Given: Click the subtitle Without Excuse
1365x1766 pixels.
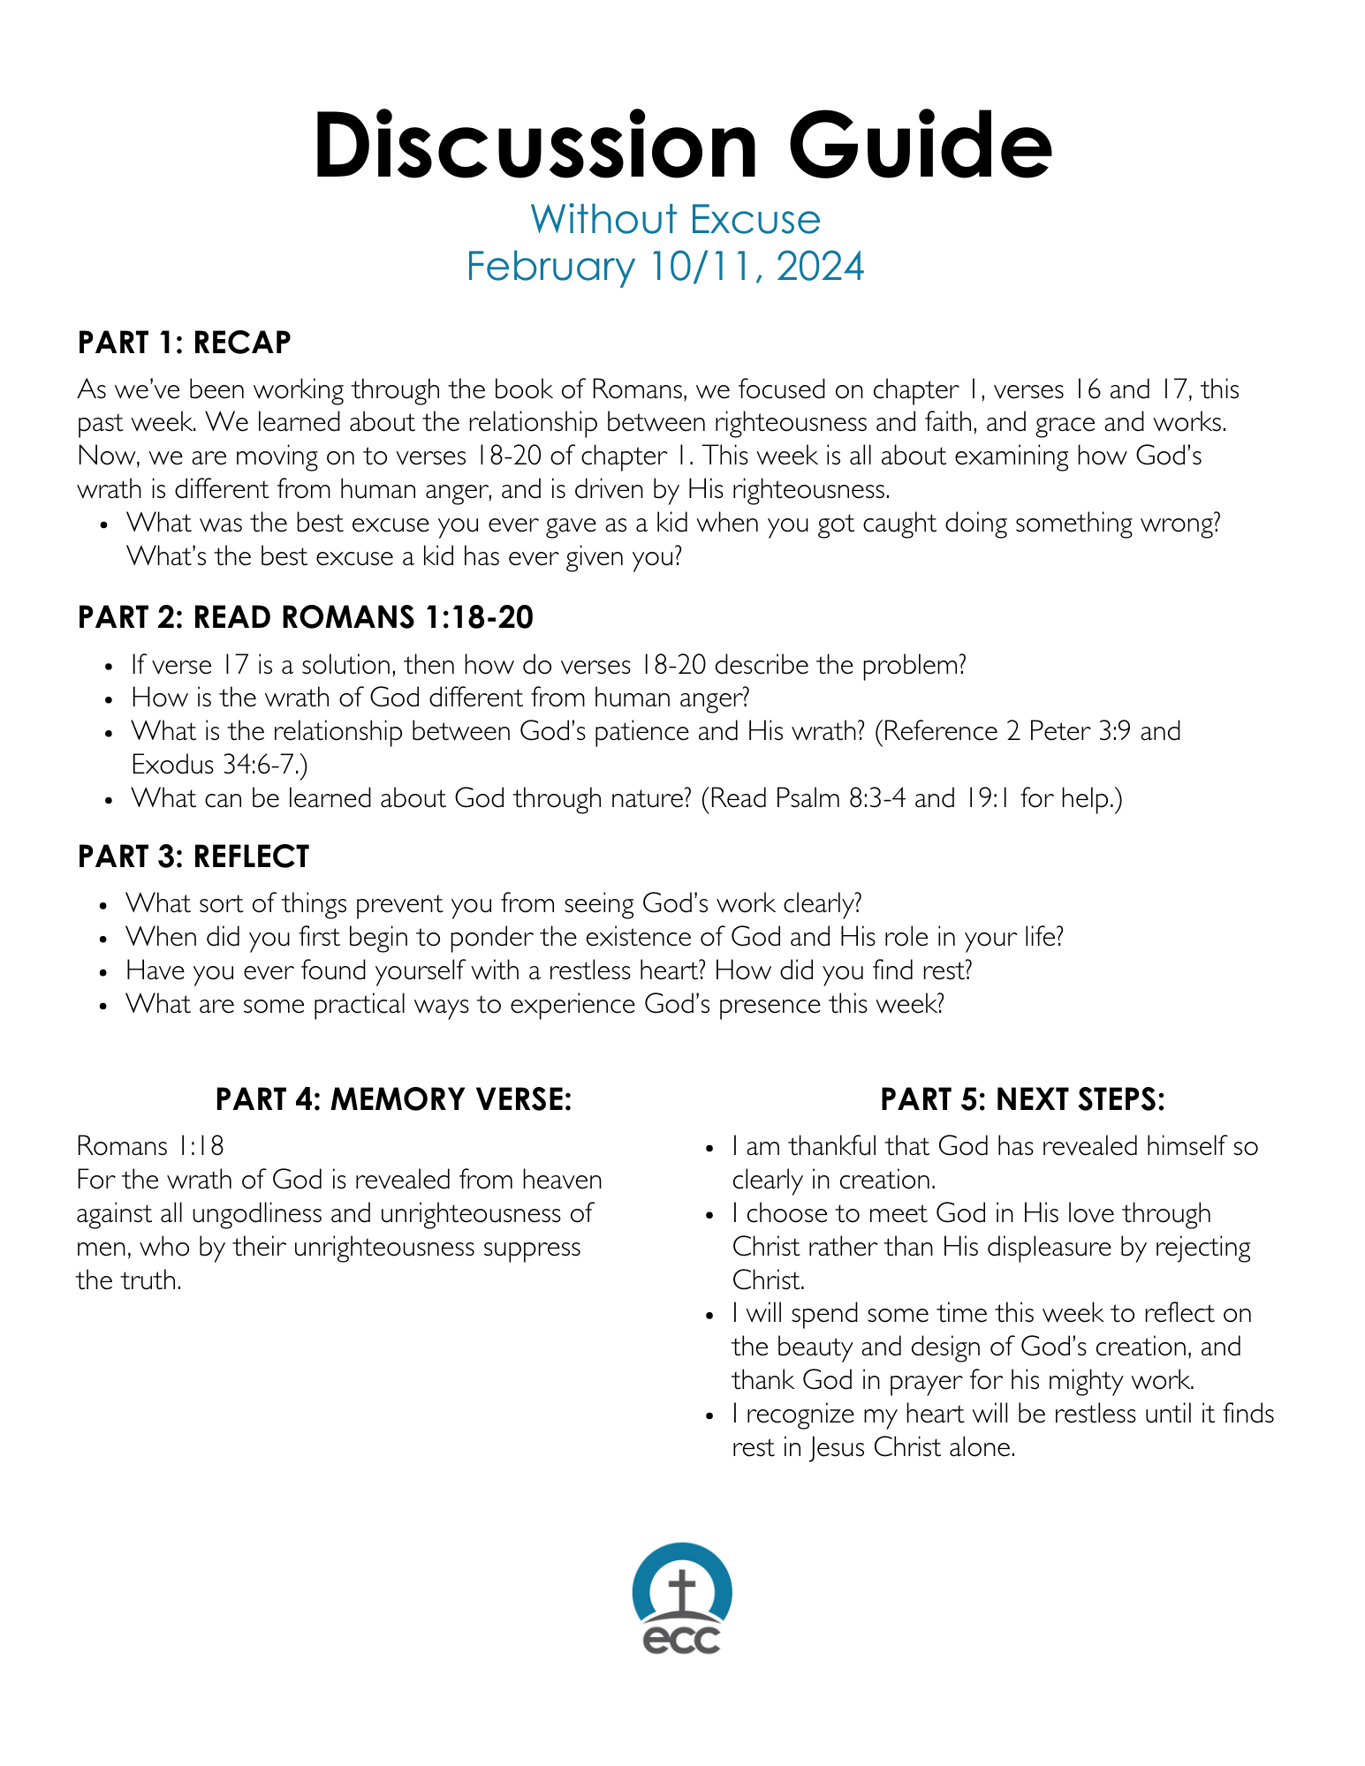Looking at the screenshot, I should (x=675, y=220).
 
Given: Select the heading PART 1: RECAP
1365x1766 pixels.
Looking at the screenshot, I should (x=184, y=343).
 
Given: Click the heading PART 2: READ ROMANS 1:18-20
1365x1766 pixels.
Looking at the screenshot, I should (x=305, y=617).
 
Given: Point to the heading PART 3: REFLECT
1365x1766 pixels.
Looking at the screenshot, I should (x=193, y=857).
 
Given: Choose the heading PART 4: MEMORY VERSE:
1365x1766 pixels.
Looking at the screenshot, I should (x=393, y=1099).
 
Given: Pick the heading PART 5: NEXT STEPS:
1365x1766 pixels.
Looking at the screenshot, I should (x=1022, y=1099).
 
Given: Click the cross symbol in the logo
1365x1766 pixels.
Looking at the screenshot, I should (x=681, y=1590).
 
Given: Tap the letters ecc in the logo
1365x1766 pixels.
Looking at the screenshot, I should (x=681, y=1639).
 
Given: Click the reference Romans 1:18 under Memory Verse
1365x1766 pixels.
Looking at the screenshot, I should (x=150, y=1146).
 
